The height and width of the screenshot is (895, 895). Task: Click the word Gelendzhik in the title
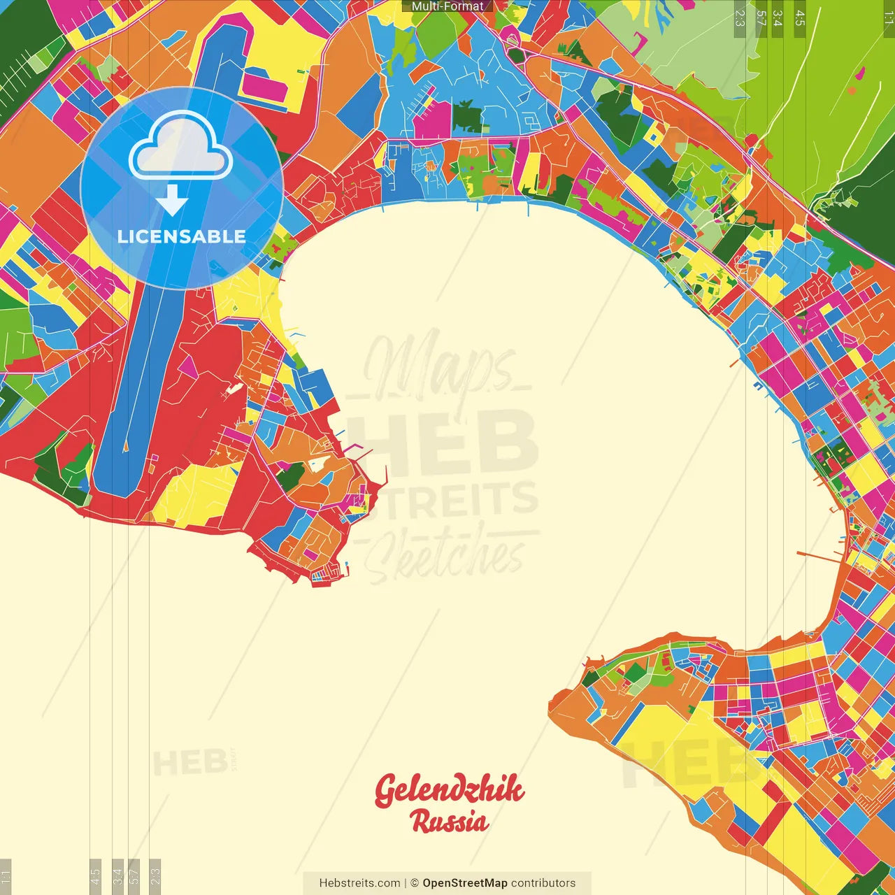pos(449,790)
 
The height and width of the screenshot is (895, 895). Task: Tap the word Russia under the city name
pos(449,821)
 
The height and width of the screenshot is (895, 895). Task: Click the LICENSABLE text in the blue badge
pos(181,236)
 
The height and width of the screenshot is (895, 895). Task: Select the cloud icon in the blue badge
pos(181,146)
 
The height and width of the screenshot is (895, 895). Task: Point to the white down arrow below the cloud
pos(172,201)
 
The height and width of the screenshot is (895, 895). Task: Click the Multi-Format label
pos(447,6)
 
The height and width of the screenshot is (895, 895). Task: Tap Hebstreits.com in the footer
pos(359,883)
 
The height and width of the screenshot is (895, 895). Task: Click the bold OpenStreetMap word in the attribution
pos(464,883)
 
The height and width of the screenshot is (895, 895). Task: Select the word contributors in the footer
pos(543,883)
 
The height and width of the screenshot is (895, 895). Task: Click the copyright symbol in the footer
pos(414,883)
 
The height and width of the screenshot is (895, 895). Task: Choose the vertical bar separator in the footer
pos(406,883)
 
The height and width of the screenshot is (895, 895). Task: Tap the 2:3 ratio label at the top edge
pos(739,18)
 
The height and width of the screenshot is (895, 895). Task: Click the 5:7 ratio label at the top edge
pos(761,18)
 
